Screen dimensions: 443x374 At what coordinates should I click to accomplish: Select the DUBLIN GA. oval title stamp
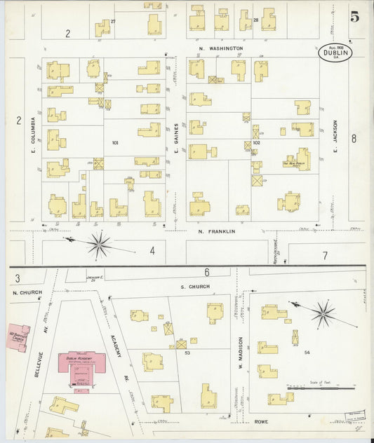pyautogui.click(x=335, y=53)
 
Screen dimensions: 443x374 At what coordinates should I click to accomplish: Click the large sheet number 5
pyautogui.click(x=354, y=17)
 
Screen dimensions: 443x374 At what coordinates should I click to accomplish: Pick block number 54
pyautogui.click(x=307, y=351)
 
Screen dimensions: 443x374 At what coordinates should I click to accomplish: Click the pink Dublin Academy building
pyautogui.click(x=81, y=365)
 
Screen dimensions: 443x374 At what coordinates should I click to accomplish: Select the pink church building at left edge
pyautogui.click(x=19, y=336)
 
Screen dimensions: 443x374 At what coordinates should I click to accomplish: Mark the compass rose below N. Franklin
pyautogui.click(x=99, y=245)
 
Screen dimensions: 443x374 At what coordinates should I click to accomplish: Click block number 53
pyautogui.click(x=187, y=353)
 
